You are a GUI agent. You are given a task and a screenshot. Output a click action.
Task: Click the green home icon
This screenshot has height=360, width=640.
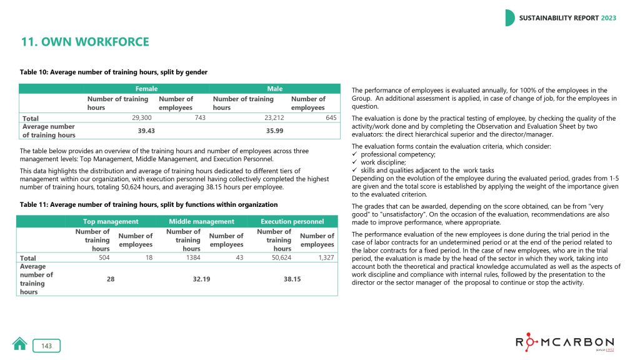click(20, 344)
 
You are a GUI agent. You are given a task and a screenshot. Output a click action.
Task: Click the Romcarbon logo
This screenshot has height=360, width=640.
click(565, 344)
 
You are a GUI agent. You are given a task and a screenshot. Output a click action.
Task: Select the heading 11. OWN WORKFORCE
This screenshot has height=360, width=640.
click(85, 42)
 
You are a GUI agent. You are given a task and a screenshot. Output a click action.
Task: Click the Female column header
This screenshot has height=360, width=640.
click(147, 89)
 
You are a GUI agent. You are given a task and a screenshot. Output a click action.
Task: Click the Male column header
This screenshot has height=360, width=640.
click(275, 89)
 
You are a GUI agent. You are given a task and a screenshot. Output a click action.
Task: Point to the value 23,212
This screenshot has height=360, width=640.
click(270, 117)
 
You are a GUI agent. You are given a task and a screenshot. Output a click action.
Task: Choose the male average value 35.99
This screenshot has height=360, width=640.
click(275, 130)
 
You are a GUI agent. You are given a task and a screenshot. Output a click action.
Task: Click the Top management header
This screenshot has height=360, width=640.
click(111, 221)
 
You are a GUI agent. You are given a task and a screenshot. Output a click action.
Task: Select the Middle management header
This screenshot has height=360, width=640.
click(201, 221)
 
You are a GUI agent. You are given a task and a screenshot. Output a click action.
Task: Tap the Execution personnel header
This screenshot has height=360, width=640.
click(292, 221)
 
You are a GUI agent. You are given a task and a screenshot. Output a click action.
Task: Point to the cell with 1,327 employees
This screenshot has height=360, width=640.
click(322, 257)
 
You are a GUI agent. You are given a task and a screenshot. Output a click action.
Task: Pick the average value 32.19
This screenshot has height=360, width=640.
click(201, 279)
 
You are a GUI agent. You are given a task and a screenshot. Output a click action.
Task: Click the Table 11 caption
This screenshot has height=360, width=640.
click(149, 204)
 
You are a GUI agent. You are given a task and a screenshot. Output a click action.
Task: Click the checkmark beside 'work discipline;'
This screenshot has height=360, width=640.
click(355, 162)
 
